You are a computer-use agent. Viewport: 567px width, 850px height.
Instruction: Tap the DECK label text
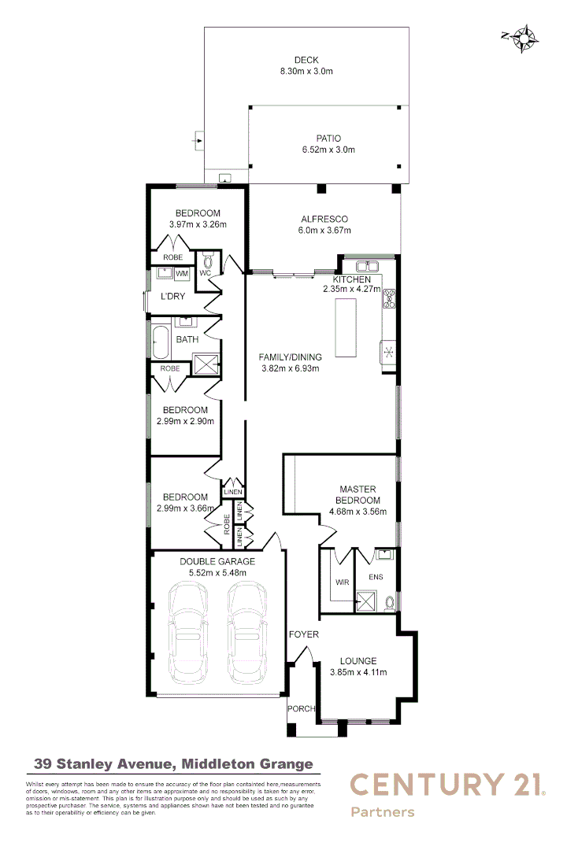coord(306,61)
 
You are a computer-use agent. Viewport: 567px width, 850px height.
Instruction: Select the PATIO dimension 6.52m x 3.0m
coord(328,150)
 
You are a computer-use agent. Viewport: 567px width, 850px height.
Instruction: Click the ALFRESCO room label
coord(324,220)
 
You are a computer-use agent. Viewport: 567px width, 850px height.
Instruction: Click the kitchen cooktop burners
coord(390,300)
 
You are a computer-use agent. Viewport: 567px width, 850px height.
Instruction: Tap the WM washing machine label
coord(182,274)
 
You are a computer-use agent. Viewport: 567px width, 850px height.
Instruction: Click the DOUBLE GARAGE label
coord(217,561)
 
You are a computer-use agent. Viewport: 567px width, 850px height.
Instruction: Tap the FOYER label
coord(303,634)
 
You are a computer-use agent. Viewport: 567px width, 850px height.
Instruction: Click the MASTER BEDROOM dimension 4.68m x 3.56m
coord(358,512)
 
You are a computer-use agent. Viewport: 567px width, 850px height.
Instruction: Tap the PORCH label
coord(302,708)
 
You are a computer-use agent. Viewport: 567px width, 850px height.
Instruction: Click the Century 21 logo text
coord(447,785)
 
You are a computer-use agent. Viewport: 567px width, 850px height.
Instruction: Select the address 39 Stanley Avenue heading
coord(173,763)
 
